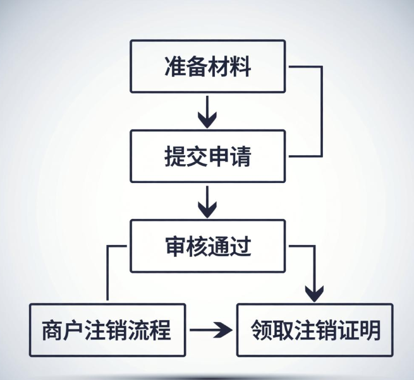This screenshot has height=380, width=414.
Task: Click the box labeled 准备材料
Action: pyautogui.click(x=207, y=67)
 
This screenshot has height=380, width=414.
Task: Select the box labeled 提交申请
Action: pyautogui.click(x=207, y=157)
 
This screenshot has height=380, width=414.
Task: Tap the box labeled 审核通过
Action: pyautogui.click(x=207, y=246)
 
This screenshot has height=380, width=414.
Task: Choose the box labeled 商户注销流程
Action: pyautogui.click(x=107, y=330)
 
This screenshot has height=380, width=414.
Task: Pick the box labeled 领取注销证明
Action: pyautogui.click(x=315, y=330)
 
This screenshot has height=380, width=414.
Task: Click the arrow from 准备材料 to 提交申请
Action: pyautogui.click(x=207, y=112)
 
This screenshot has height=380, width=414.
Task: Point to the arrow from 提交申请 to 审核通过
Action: pyautogui.click(x=207, y=201)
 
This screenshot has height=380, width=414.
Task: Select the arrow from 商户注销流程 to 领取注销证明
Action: pyautogui.click(x=211, y=330)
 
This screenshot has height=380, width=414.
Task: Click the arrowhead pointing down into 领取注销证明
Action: pyautogui.click(x=314, y=292)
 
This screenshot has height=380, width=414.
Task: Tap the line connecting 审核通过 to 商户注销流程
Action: pyautogui.click(x=108, y=271)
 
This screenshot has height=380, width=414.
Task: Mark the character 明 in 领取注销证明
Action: pyautogui.click(x=370, y=330)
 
